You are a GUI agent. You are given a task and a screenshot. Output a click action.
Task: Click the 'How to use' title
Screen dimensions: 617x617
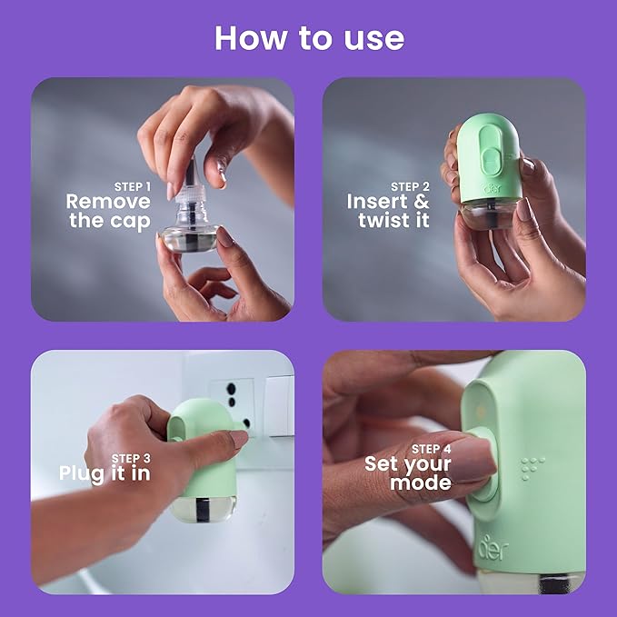coord(309,37)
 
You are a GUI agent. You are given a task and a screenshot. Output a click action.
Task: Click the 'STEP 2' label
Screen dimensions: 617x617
coord(410,186)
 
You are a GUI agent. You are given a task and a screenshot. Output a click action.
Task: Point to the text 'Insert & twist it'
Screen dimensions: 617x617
coord(388,211)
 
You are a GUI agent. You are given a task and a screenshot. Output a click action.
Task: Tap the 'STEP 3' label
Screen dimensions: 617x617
coord(131,458)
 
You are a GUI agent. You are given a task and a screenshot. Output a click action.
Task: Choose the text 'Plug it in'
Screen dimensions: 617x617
coord(104,473)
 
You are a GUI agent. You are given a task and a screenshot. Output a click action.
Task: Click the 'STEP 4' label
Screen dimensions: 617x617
coord(432,449)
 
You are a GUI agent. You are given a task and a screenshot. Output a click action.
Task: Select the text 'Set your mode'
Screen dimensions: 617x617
coord(408,473)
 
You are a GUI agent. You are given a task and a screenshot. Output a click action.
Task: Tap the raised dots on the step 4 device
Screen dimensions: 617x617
coord(532,466)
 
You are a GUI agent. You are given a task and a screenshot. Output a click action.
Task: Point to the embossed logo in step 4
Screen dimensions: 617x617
coord(493,549)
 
